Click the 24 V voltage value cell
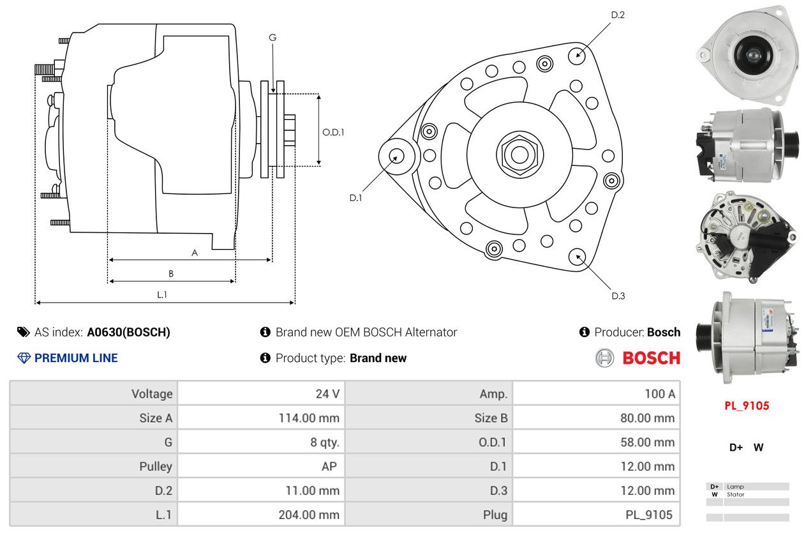click(327, 393)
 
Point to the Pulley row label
click(156, 467)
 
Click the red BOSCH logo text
click(651, 358)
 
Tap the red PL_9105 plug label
click(746, 406)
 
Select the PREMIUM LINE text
click(76, 358)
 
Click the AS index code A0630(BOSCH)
click(128, 332)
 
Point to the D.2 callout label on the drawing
click(617, 15)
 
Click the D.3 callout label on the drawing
click(618, 296)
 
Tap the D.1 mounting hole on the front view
click(396, 155)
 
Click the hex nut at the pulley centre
click(519, 153)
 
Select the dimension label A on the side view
click(195, 253)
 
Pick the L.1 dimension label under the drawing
click(162, 294)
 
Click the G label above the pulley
click(272, 38)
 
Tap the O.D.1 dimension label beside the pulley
click(333, 132)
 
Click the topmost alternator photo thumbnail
click(746, 54)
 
